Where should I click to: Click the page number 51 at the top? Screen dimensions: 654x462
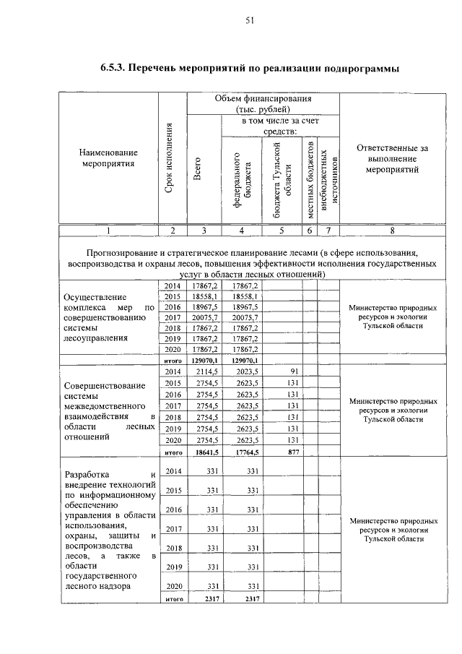pos(249,21)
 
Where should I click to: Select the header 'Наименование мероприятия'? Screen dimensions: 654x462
pos(108,159)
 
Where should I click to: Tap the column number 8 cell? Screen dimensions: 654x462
pos(392,231)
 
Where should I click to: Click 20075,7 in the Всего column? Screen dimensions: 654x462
pos(205,317)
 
